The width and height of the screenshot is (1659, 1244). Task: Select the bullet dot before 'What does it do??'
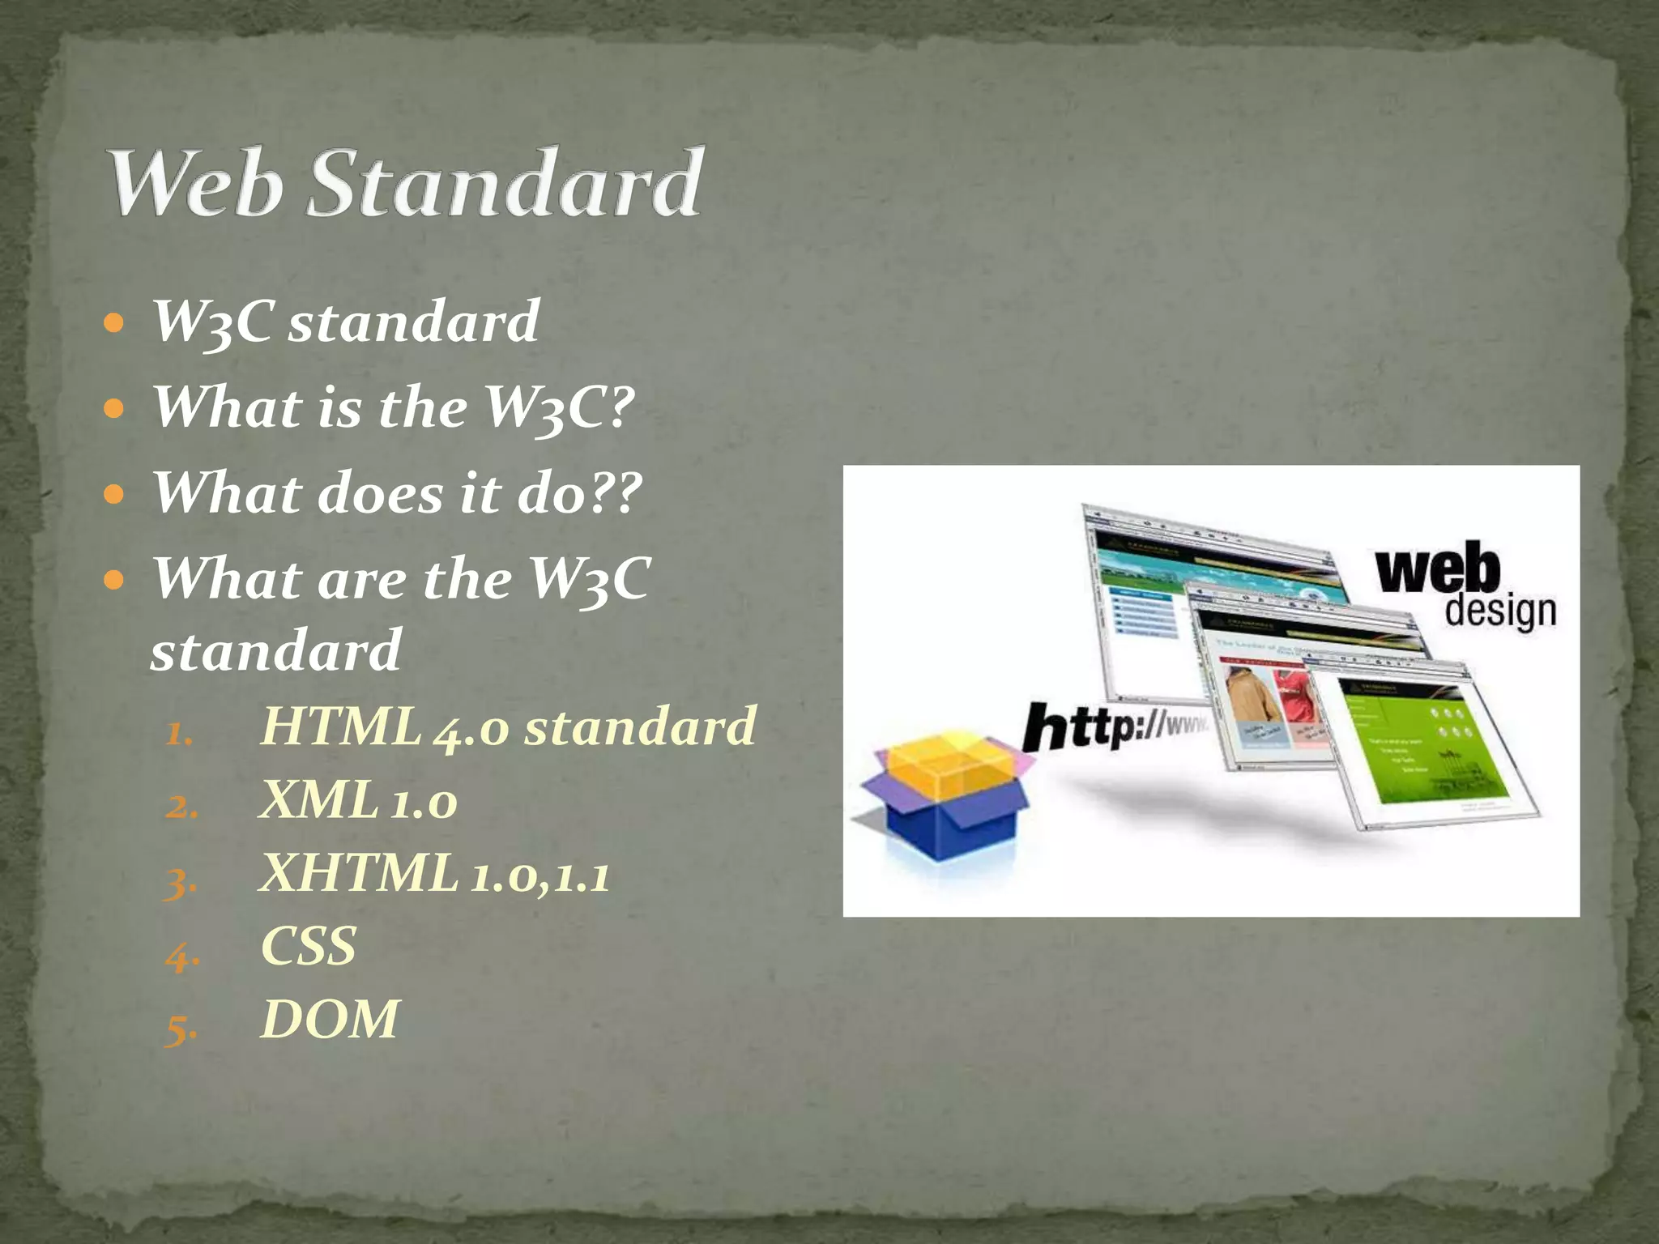114,494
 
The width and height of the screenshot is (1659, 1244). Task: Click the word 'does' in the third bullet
381,493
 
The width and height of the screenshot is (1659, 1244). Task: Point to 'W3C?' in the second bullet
559,407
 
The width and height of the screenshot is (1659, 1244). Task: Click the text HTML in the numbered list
341,726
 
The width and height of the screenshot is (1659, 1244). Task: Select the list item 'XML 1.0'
358,801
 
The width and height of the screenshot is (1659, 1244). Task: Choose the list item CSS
309,946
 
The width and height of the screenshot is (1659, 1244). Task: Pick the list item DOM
330,1019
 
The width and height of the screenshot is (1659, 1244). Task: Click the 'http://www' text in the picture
1114,726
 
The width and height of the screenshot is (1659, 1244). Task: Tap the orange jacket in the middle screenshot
1251,697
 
